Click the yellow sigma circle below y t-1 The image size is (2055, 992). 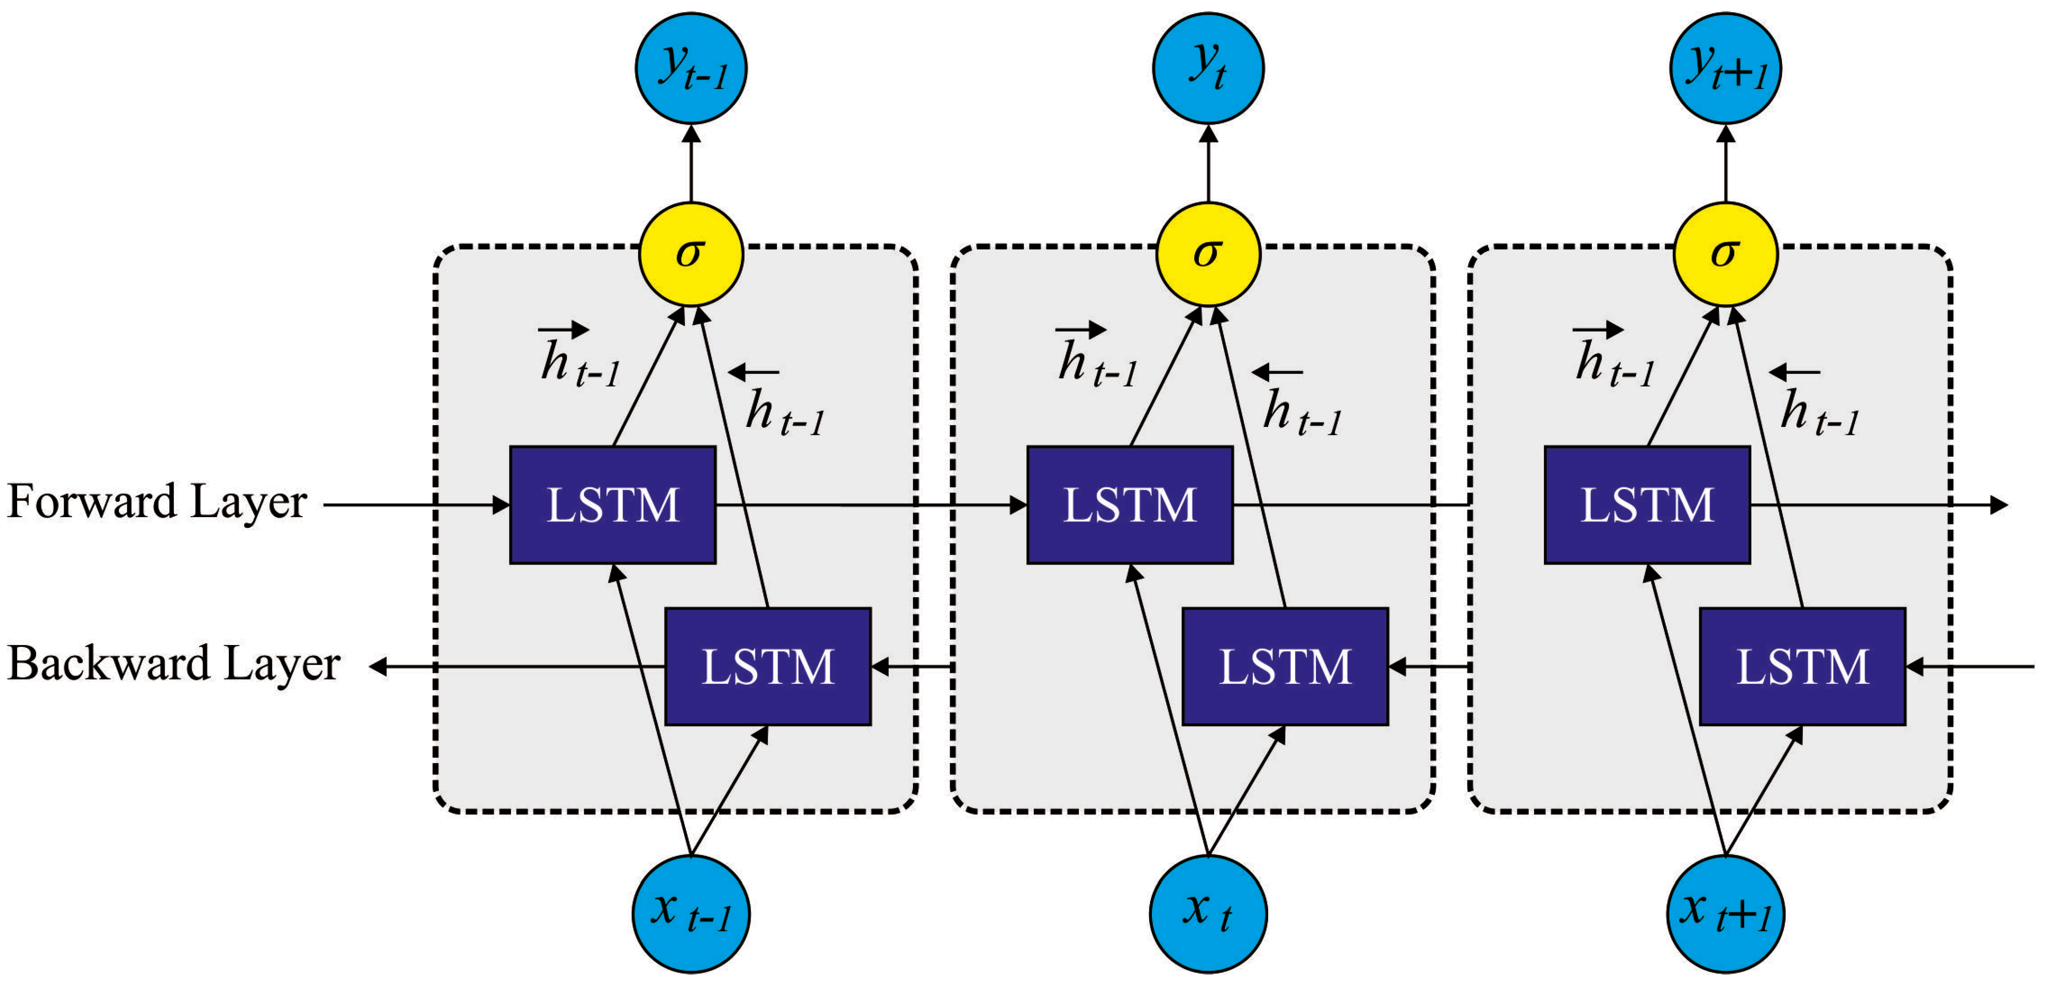(691, 254)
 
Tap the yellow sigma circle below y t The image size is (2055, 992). (1208, 254)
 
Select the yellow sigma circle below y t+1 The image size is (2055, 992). (1725, 254)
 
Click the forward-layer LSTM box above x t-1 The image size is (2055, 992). (612, 505)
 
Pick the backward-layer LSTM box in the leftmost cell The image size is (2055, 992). (767, 666)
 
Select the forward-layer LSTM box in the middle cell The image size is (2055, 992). (1130, 505)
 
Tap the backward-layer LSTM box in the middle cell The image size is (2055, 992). (1284, 666)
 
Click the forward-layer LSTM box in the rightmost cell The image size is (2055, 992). (1647, 505)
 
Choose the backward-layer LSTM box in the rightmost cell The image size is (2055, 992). (1802, 666)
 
